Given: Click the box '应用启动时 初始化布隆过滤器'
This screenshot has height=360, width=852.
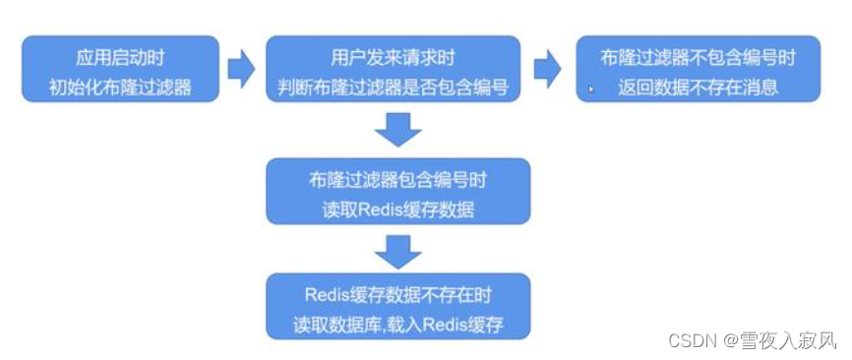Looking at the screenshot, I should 119,69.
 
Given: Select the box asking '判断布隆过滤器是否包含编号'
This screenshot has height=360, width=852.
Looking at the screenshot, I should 392,69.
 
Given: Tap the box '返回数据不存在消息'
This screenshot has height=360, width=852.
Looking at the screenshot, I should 698,69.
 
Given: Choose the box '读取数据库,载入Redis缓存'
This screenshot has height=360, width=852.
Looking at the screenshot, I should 398,306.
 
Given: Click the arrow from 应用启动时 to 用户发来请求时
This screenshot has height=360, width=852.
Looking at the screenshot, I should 241,69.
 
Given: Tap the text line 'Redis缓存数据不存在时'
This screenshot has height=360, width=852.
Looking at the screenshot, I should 398,293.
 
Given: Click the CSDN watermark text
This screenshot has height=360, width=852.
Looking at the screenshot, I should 689,340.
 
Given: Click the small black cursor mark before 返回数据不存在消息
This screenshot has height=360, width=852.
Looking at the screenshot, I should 590,89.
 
